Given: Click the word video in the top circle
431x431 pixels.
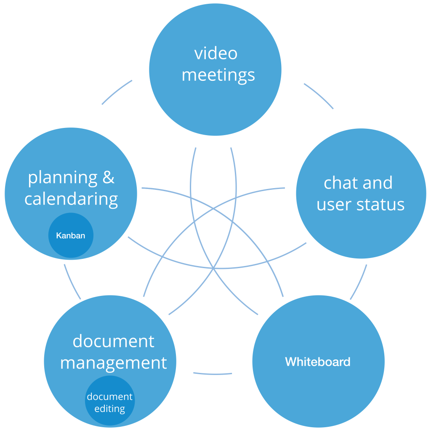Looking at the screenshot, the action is [216, 53].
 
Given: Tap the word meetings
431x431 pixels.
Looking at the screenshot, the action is [218, 75].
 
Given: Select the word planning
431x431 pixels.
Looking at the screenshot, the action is [63, 178].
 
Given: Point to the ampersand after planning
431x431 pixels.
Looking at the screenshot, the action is [108, 177].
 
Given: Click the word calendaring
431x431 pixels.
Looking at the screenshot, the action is [71, 199].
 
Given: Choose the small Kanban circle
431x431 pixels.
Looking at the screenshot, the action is [71, 235].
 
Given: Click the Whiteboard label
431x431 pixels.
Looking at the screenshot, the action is [318, 362].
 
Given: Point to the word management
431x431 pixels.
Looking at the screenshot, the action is [114, 363].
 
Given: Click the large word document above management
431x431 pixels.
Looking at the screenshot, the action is [114, 341].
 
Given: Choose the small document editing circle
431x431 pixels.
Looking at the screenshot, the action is [110, 401].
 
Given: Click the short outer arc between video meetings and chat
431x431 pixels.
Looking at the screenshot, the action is [319, 95].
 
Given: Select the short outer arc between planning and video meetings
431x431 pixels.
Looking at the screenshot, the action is [116, 91].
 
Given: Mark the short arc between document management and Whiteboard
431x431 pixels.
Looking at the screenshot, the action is [213, 374].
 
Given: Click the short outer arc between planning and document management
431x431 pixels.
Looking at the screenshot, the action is [72, 282].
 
